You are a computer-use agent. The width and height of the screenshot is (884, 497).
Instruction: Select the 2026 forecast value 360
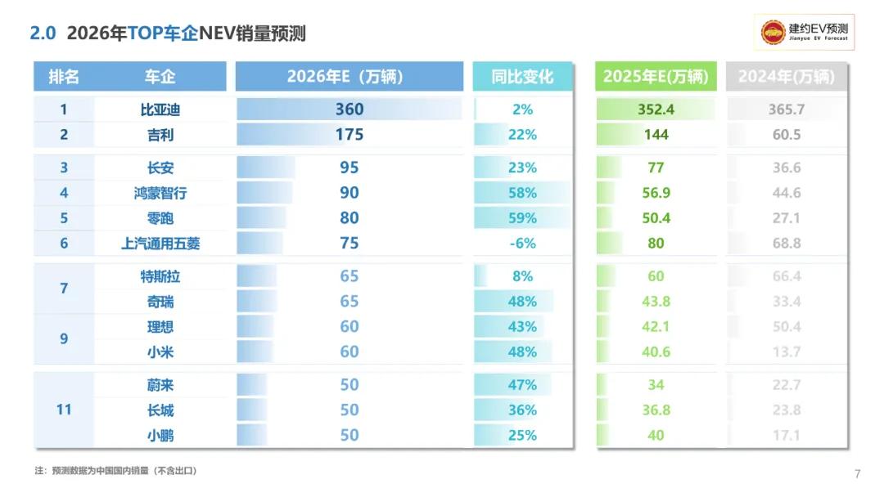point(350,110)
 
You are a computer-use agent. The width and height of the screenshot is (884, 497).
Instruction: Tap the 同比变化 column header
point(522,77)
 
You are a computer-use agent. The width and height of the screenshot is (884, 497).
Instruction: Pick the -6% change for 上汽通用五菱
point(522,243)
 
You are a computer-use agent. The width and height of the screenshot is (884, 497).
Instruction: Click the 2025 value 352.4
point(656,110)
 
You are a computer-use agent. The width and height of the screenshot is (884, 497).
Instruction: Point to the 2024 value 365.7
point(787,110)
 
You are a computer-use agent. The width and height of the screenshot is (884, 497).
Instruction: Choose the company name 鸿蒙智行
point(160,193)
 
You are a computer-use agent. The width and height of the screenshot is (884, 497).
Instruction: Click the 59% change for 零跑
point(522,218)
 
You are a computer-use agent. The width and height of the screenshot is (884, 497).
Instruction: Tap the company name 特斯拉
point(160,276)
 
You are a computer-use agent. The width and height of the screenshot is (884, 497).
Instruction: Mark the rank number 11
point(64,410)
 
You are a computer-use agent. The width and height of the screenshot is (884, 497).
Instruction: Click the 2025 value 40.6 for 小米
point(656,351)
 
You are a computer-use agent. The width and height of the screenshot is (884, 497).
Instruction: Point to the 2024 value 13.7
point(787,351)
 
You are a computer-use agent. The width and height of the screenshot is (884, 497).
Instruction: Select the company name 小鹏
point(160,435)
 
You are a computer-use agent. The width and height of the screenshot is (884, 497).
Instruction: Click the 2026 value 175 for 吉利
point(350,135)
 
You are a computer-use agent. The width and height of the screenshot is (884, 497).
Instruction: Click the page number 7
point(857,474)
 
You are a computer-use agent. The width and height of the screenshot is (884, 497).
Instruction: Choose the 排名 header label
point(64,77)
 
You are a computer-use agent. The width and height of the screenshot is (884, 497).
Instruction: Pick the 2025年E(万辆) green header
point(656,77)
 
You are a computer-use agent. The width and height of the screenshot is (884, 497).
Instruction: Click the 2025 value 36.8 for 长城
point(656,410)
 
